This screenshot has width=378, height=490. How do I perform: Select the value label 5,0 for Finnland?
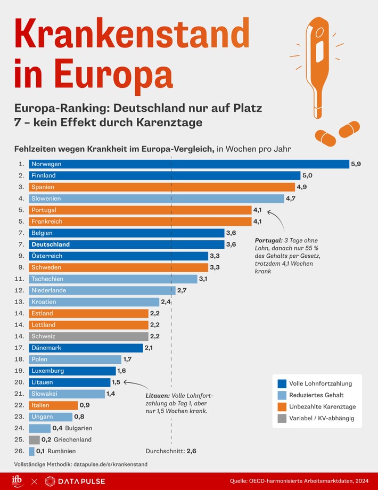click(x=307, y=176)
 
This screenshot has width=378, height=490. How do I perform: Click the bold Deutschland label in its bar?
click(x=51, y=244)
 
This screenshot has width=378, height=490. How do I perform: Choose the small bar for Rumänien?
click(x=31, y=451)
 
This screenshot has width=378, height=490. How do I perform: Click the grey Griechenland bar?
click(x=34, y=440)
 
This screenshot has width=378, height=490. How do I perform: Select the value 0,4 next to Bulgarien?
click(x=57, y=428)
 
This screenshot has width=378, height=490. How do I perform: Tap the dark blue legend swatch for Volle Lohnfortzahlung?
click(x=281, y=383)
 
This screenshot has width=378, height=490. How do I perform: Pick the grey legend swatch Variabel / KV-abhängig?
click(x=281, y=418)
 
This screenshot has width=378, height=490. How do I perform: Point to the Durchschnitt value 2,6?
click(x=192, y=451)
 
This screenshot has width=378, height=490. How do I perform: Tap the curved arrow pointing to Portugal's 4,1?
click(x=274, y=219)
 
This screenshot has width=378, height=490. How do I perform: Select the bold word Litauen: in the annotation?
click(x=158, y=396)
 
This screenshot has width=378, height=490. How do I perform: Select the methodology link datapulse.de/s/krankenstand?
click(x=110, y=464)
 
